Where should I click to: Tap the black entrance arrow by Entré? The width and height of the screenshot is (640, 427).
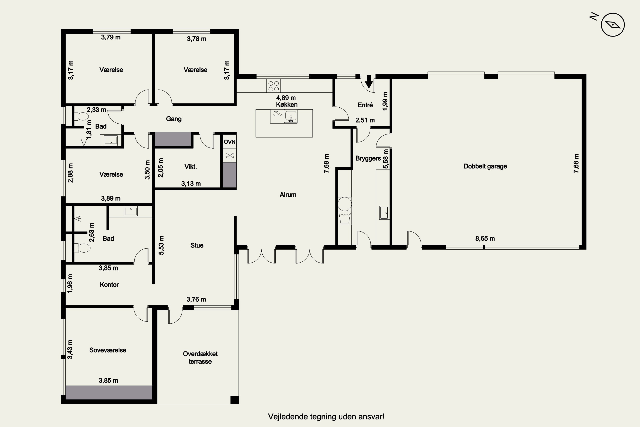pos(369,81)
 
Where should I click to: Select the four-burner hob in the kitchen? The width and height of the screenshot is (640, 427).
pos(273,86)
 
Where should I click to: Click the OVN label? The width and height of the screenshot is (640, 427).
pos(229,142)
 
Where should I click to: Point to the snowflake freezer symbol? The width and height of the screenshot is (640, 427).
pos(230,155)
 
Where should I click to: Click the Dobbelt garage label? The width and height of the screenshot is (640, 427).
pos(485,166)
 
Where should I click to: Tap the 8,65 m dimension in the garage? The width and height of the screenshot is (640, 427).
pos(485,238)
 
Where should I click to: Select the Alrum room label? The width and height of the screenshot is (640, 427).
pos(288,195)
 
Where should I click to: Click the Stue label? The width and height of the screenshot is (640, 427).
pos(197,245)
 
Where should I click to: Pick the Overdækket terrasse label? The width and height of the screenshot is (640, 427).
pos(200,358)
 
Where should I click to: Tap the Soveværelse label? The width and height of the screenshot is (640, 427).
pos(108,350)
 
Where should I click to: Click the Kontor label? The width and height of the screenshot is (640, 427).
pos(109,285)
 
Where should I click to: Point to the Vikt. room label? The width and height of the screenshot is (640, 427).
pos(191,167)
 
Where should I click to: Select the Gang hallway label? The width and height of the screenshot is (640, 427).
pos(174,119)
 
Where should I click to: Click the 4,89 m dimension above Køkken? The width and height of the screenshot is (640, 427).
pos(286,98)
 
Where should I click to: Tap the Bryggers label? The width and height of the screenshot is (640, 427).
pos(368,158)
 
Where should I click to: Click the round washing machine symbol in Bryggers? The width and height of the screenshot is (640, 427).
pos(345,204)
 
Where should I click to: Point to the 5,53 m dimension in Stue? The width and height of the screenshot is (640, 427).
pos(161,245)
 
